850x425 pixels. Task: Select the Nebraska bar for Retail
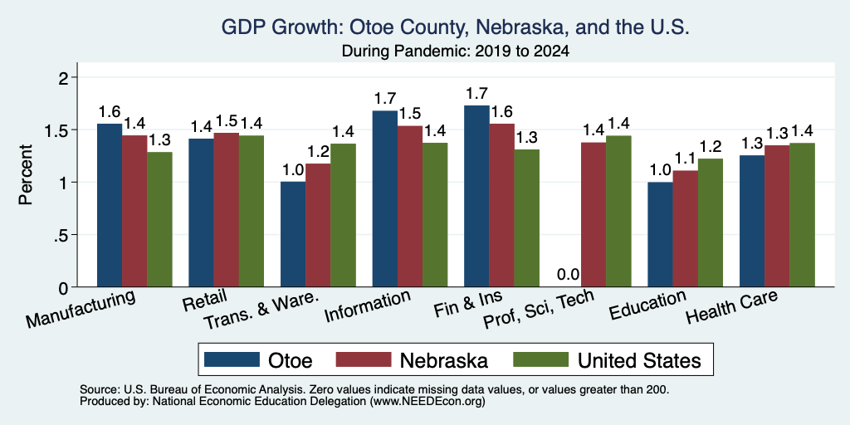226,210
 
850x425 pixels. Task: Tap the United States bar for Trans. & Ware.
343,215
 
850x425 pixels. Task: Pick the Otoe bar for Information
384,198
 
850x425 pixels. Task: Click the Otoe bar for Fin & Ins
476,196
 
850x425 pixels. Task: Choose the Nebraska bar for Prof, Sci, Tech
594,215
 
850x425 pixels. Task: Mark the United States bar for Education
711,222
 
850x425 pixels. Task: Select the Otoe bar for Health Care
752,221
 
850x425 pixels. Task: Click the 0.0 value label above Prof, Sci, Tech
568,274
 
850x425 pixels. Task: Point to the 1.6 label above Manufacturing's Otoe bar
109,112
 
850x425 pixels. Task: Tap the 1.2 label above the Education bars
711,147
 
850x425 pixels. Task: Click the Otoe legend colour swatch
232,359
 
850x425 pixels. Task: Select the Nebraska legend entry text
444,360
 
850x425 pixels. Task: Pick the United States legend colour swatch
541,359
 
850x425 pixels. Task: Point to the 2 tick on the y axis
66,78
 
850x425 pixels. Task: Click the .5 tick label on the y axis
64,235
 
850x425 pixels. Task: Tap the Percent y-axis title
26,174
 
